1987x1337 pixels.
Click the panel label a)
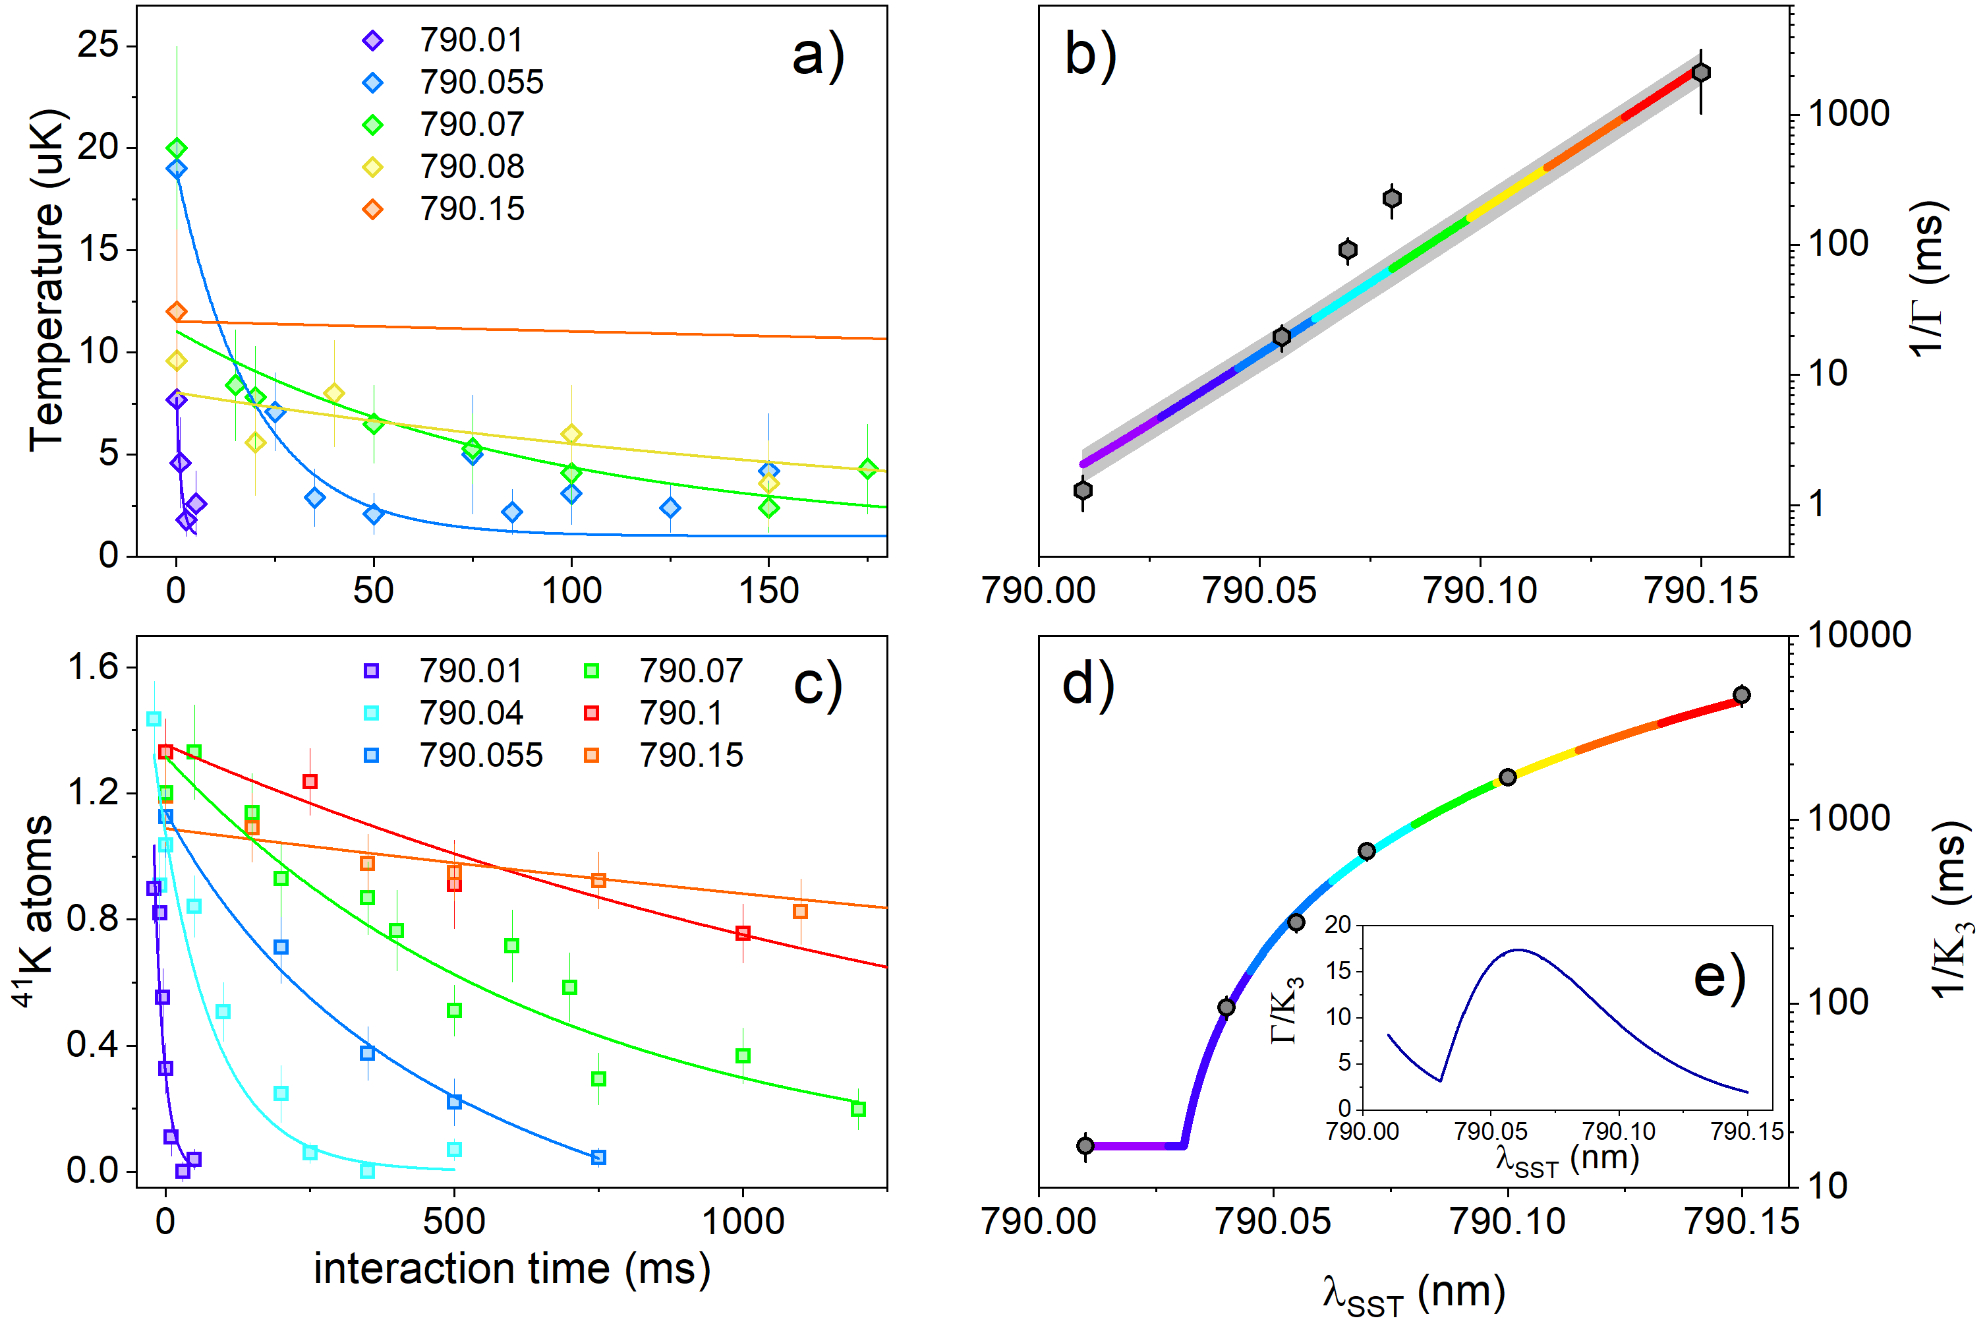[817, 56]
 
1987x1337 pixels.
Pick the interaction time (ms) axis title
[511, 1269]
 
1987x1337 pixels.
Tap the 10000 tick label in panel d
[1859, 636]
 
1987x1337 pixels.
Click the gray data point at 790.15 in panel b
[1700, 73]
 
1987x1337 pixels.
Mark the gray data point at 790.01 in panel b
[1083, 490]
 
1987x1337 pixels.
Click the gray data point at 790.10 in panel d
[1507, 777]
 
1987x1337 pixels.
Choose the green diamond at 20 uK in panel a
[177, 149]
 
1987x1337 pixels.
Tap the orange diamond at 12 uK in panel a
[177, 312]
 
